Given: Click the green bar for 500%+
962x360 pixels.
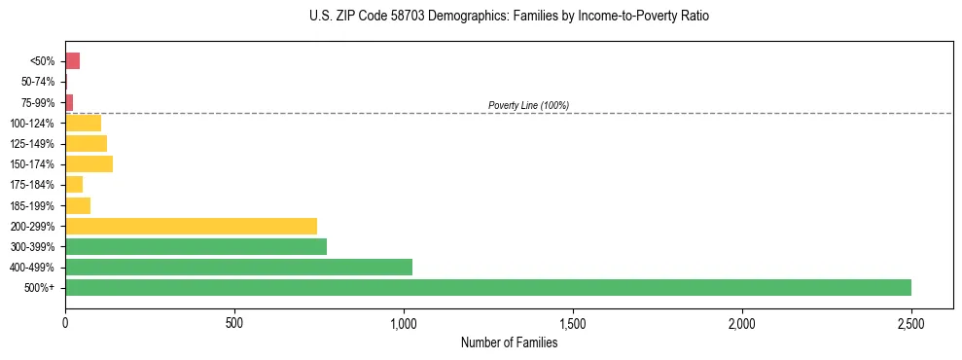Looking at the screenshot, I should point(487,287).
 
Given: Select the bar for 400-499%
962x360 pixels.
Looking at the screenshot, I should point(238,267).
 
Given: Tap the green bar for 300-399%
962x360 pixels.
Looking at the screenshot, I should point(196,246).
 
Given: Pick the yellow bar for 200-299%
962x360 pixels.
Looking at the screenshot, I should point(191,226).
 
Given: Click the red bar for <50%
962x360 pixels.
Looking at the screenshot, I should point(72,61).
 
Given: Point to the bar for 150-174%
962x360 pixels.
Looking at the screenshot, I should point(89,163).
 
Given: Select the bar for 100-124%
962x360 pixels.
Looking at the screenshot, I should point(83,123).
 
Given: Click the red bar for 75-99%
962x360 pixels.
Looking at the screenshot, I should point(69,102).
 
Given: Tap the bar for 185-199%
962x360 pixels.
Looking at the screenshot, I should point(78,205).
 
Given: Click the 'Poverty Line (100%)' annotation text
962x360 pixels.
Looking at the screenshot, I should point(528,105).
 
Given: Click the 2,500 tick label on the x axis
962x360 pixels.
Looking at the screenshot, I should point(911,321).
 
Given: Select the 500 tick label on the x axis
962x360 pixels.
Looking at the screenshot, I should point(234,321).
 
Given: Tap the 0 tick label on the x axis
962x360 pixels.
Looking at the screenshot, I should point(65,321).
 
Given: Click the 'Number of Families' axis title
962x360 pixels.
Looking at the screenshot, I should point(509,342).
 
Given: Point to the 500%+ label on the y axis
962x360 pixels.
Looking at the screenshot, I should point(41,288).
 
